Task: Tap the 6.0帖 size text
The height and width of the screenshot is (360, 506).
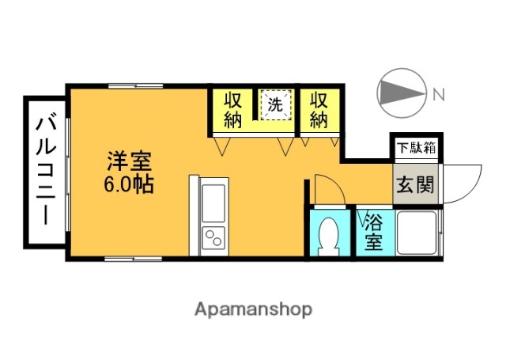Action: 127,186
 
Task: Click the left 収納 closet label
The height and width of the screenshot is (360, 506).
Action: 232,110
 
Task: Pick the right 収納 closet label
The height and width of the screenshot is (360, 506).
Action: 318,110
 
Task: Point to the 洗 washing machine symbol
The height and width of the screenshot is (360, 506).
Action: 274,104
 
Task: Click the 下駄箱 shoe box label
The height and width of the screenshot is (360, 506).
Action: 415,147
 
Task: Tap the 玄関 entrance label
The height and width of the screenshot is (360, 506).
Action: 414,186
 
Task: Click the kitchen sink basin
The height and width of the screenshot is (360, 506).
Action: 213,203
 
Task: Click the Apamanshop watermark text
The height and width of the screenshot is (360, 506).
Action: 253,309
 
